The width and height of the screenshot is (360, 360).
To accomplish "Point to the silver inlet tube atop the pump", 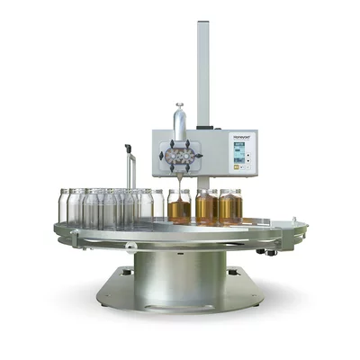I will [179, 121].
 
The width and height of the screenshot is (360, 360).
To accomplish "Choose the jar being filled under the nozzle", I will [179, 207].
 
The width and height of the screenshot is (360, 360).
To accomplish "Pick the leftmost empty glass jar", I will [65, 205].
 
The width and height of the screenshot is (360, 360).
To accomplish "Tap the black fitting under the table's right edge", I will [262, 252].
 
